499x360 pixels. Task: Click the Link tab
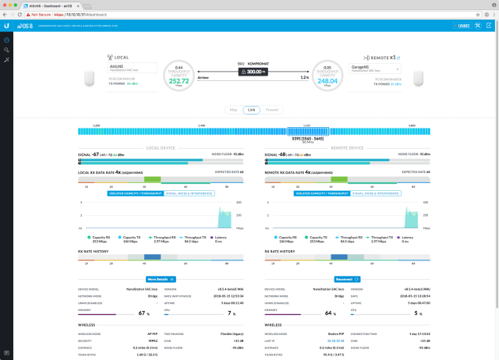pyautogui.click(x=251, y=109)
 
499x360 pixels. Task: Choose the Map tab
pyautogui.click(x=232, y=109)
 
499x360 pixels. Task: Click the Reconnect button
pyautogui.click(x=346, y=277)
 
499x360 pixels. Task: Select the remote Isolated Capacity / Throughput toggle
pyautogui.click(x=322, y=192)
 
